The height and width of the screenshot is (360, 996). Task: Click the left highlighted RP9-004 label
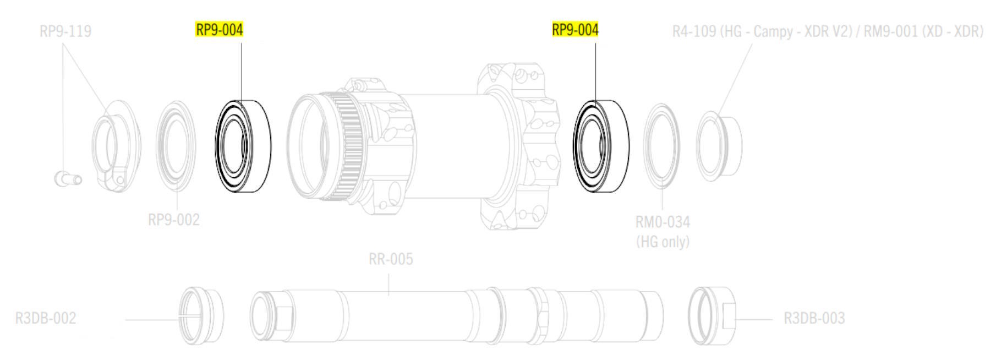tap(219, 30)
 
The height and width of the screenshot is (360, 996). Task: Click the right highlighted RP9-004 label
tap(575, 30)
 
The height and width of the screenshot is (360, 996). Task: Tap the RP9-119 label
tap(65, 31)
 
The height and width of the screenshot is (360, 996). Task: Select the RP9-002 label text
tap(173, 220)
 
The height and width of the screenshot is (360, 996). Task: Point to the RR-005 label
tap(391, 259)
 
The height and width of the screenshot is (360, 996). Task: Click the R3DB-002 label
tap(46, 318)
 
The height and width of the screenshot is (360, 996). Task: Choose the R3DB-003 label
tap(814, 318)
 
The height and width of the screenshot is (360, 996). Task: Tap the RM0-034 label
tap(663, 222)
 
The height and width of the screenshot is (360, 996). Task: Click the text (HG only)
tap(663, 242)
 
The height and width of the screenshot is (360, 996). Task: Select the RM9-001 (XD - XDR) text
tap(923, 31)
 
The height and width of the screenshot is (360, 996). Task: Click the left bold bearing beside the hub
tap(243, 146)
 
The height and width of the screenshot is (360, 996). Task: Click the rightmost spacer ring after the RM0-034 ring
tap(719, 145)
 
